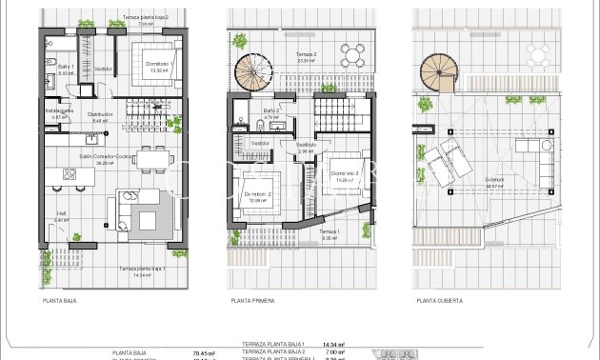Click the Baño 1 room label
tap(66, 67)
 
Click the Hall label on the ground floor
tap(61, 215)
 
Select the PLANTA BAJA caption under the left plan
tap(59, 300)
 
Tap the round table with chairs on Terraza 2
tap(351, 55)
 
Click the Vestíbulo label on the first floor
tap(305, 146)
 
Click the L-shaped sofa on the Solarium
tap(548, 162)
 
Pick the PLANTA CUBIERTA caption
tap(439, 300)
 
